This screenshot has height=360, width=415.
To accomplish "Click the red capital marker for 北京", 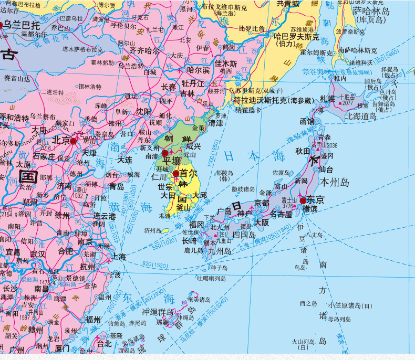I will pos(73,141).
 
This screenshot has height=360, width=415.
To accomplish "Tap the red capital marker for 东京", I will pos(302,200).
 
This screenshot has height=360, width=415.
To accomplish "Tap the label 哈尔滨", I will pos(198,69).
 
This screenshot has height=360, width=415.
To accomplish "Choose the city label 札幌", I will pos(324,99).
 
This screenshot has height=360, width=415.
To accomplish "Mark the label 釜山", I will pos(184,207).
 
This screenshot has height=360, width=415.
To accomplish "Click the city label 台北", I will pos(105,344).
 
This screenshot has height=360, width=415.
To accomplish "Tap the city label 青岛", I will pos(116,186).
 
